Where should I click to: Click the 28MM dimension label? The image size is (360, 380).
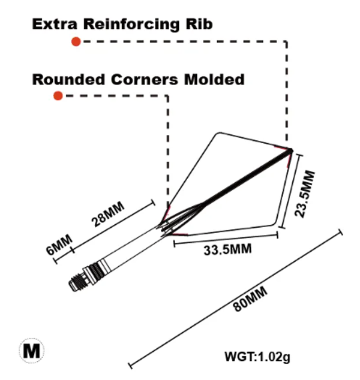[108, 214]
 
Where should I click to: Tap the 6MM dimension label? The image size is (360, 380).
[59, 245]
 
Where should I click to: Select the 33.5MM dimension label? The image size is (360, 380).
[227, 249]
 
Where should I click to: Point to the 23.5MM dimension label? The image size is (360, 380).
[305, 194]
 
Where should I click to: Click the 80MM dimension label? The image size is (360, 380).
[250, 299]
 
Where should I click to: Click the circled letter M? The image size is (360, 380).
[32, 351]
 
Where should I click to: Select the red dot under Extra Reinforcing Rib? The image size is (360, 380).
[76, 42]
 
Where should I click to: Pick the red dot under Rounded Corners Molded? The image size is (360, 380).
[58, 96]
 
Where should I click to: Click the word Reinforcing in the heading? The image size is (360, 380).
[132, 25]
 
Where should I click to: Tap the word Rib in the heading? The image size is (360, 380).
[199, 24]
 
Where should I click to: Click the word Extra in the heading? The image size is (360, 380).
[55, 24]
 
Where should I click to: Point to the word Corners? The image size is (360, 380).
[145, 79]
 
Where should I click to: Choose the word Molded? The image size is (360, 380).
[214, 79]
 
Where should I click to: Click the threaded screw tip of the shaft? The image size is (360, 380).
[77, 282]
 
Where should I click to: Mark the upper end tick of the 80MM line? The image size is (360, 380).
[341, 232]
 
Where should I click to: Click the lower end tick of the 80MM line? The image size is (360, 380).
[130, 365]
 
